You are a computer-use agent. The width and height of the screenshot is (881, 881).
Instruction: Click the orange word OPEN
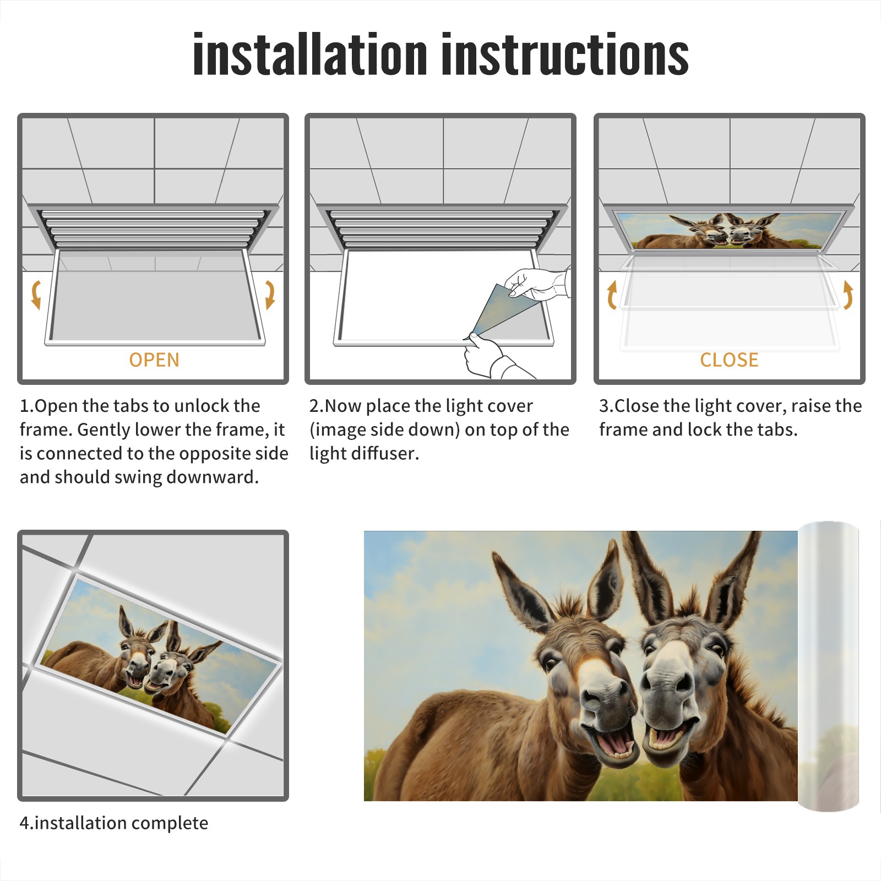(x=154, y=360)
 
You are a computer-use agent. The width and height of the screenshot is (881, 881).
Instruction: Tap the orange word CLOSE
(x=729, y=360)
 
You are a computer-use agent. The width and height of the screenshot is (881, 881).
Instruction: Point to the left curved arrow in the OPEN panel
(x=35, y=294)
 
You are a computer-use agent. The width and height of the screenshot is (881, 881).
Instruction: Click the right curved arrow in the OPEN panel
(x=270, y=294)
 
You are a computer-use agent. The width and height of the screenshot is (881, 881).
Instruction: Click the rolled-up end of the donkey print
(x=828, y=666)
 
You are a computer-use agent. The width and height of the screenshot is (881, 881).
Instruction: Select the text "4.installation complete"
(x=114, y=823)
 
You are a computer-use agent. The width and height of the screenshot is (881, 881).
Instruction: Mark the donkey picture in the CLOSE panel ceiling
(x=729, y=230)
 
